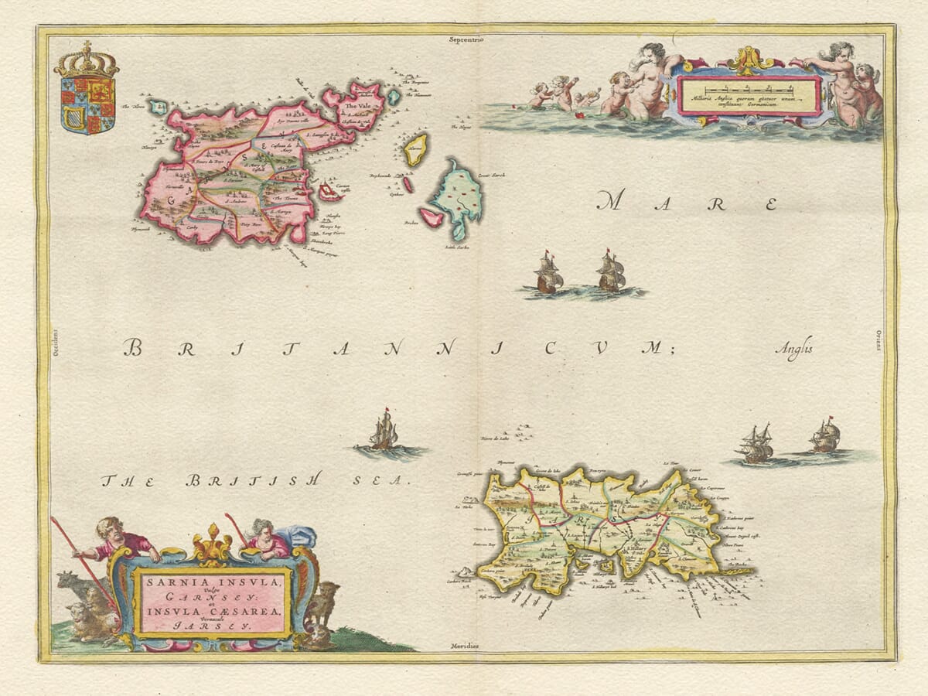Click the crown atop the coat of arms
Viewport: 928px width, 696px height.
click(86, 60)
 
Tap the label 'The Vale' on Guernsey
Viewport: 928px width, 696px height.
click(357, 107)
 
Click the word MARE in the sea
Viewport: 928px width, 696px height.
click(687, 203)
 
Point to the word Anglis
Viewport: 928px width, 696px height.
click(794, 349)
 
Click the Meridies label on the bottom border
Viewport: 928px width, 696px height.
click(465, 646)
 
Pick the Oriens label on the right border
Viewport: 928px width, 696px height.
click(879, 339)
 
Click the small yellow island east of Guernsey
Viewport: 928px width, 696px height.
click(416, 148)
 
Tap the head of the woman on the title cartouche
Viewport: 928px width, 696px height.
click(260, 530)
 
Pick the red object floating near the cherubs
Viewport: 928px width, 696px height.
click(580, 115)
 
